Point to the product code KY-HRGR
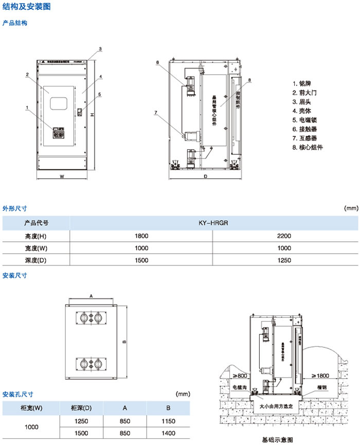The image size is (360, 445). tap(213, 223)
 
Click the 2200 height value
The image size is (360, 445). tap(284, 236)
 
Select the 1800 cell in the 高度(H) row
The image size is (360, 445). tap(141, 236)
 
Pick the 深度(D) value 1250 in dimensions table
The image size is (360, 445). tap(284, 260)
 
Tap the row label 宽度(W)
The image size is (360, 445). tap(36, 248)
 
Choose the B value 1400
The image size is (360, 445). tap(168, 433)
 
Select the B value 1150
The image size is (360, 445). tap(168, 421)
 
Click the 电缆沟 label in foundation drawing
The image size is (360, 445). tap(241, 386)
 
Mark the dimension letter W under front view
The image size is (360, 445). tap(61, 176)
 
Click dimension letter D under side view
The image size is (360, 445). tap(205, 176)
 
